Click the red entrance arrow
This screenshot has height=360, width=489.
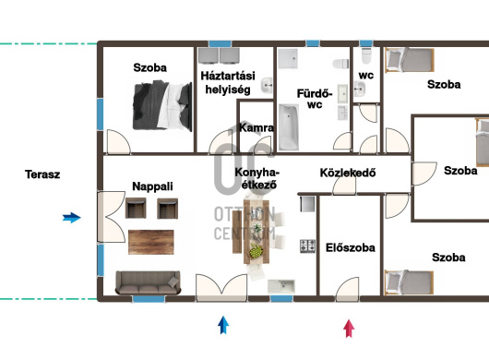[349, 329]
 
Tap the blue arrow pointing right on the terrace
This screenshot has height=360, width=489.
[72, 218]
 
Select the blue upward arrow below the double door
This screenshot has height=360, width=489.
[223, 325]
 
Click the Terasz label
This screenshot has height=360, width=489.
[42, 174]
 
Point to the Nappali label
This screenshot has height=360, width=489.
[152, 186]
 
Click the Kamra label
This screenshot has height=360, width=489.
[256, 127]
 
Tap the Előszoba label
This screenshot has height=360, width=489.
[351, 247]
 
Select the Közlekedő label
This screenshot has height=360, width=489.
[348, 173]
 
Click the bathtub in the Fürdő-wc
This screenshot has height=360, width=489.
[289, 127]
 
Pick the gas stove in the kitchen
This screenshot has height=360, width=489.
[308, 246]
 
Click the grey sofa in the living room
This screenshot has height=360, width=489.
[148, 282]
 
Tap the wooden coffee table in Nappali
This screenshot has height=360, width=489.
[151, 242]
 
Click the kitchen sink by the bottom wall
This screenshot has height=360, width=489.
[281, 286]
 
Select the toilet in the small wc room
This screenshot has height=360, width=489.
[365, 55]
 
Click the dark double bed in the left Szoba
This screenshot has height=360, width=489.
[162, 106]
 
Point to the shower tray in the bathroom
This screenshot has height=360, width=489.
[288, 58]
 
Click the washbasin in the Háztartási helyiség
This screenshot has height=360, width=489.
[267, 85]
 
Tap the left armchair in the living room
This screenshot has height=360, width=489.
[136, 208]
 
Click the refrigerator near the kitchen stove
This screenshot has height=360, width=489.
[307, 204]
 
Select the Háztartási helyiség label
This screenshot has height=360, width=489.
[228, 83]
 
